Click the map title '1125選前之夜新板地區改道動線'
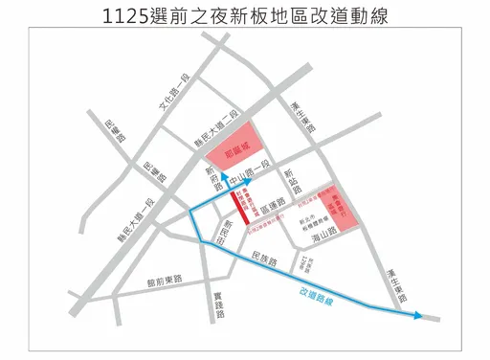tap(245, 18)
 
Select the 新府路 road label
tap(213, 178)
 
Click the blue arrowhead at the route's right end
tap(418, 315)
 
